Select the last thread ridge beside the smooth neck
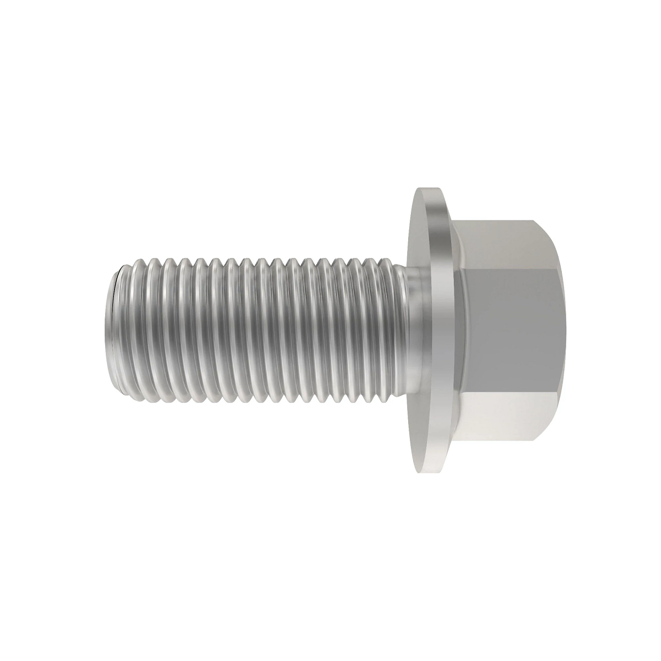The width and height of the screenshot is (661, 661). click(x=394, y=330)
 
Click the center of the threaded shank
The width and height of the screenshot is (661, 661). click(x=253, y=330)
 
